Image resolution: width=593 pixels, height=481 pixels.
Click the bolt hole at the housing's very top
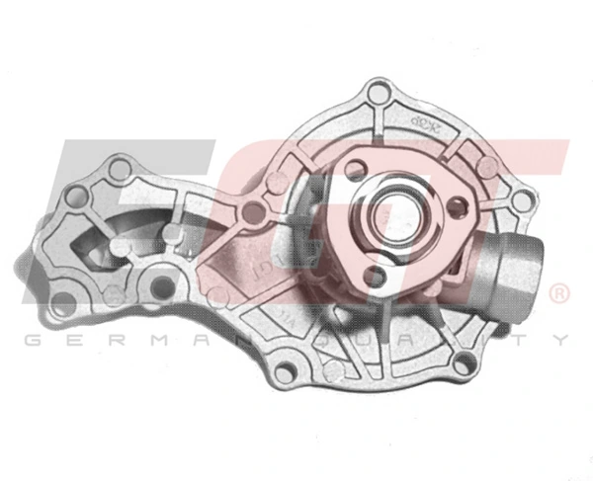click(379, 95)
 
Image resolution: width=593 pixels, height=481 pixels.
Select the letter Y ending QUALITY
click(561, 341)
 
